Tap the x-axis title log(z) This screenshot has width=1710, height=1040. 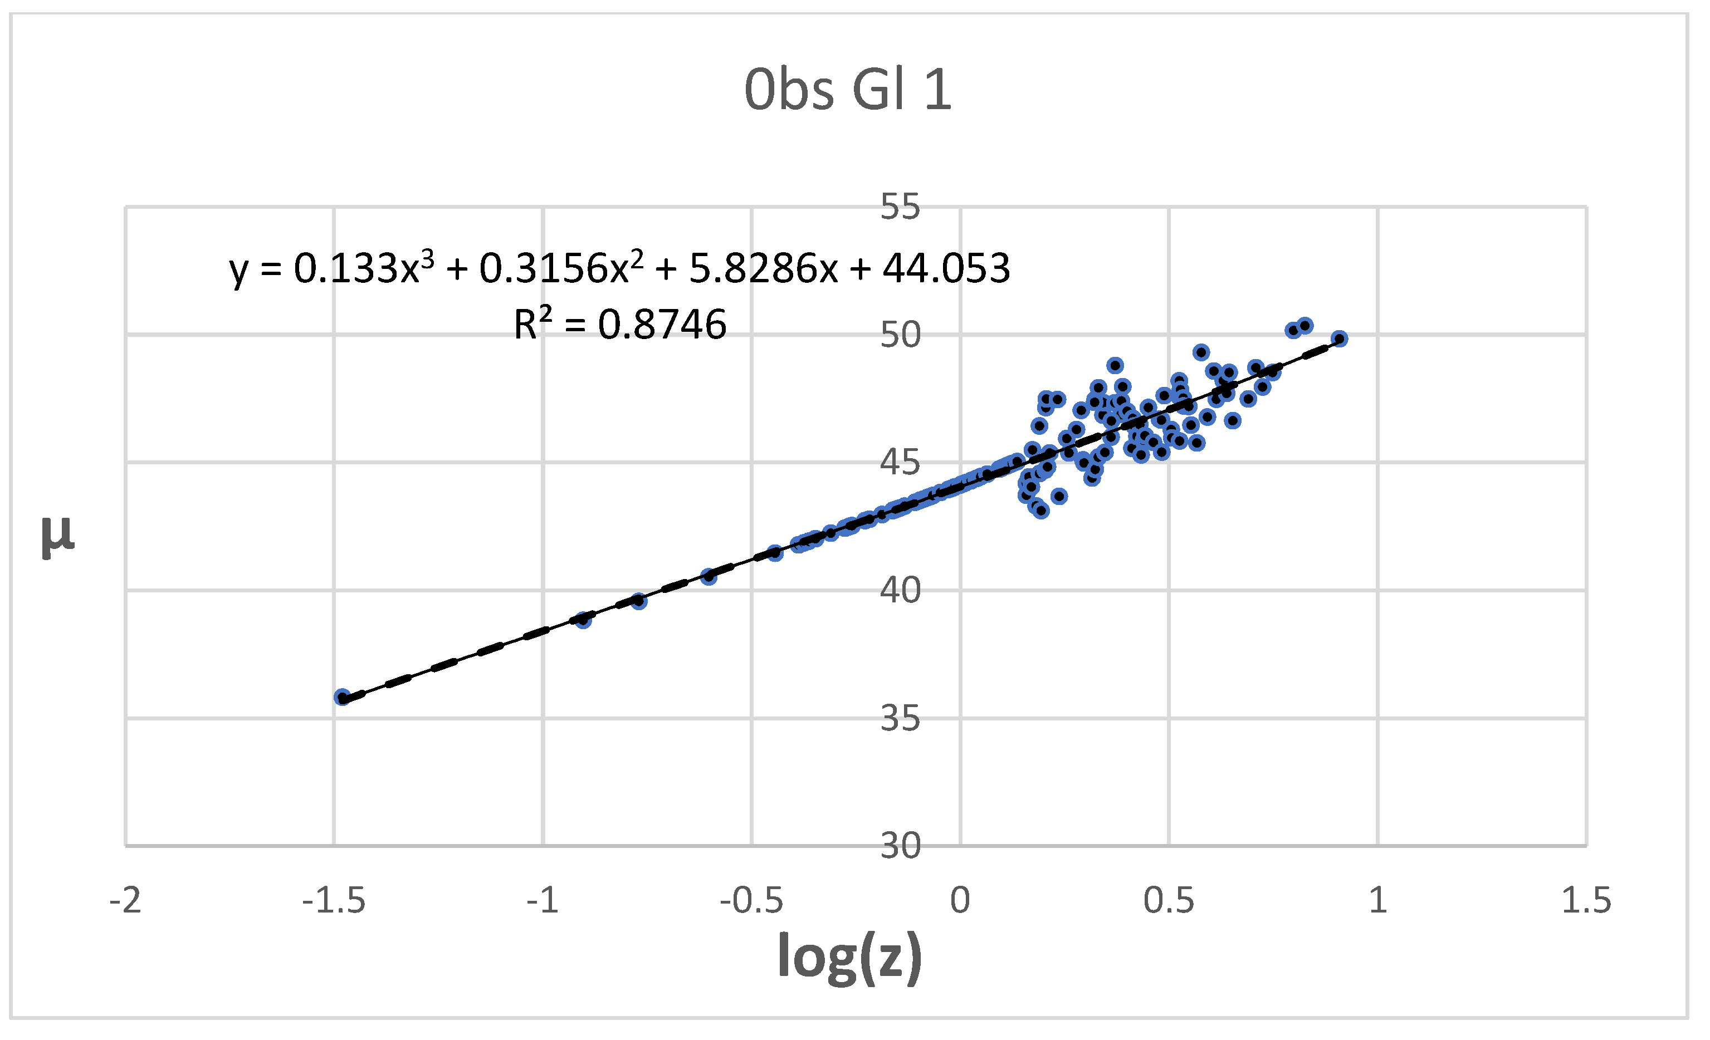tap(850, 956)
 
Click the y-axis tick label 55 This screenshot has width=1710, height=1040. tap(900, 207)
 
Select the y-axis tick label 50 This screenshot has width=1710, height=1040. tap(900, 335)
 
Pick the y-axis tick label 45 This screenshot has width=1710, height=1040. tap(900, 463)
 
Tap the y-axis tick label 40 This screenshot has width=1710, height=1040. tap(900, 590)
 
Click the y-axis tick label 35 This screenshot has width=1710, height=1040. tap(900, 718)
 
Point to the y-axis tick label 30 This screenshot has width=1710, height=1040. tap(900, 846)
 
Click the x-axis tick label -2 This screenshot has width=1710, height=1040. tap(126, 901)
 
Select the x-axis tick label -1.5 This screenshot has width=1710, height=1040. tap(334, 901)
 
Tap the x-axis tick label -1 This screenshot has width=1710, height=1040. tap(543, 901)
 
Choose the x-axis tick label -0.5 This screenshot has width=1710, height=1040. tap(751, 901)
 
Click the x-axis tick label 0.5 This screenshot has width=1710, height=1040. tap(1169, 901)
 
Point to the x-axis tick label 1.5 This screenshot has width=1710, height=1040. tap(1586, 901)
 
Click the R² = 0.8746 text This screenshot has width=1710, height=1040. tap(620, 324)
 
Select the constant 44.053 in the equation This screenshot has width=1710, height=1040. tap(946, 268)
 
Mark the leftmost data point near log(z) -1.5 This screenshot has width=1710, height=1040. tap(342, 697)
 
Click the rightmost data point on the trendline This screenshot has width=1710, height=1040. tap(1340, 339)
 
